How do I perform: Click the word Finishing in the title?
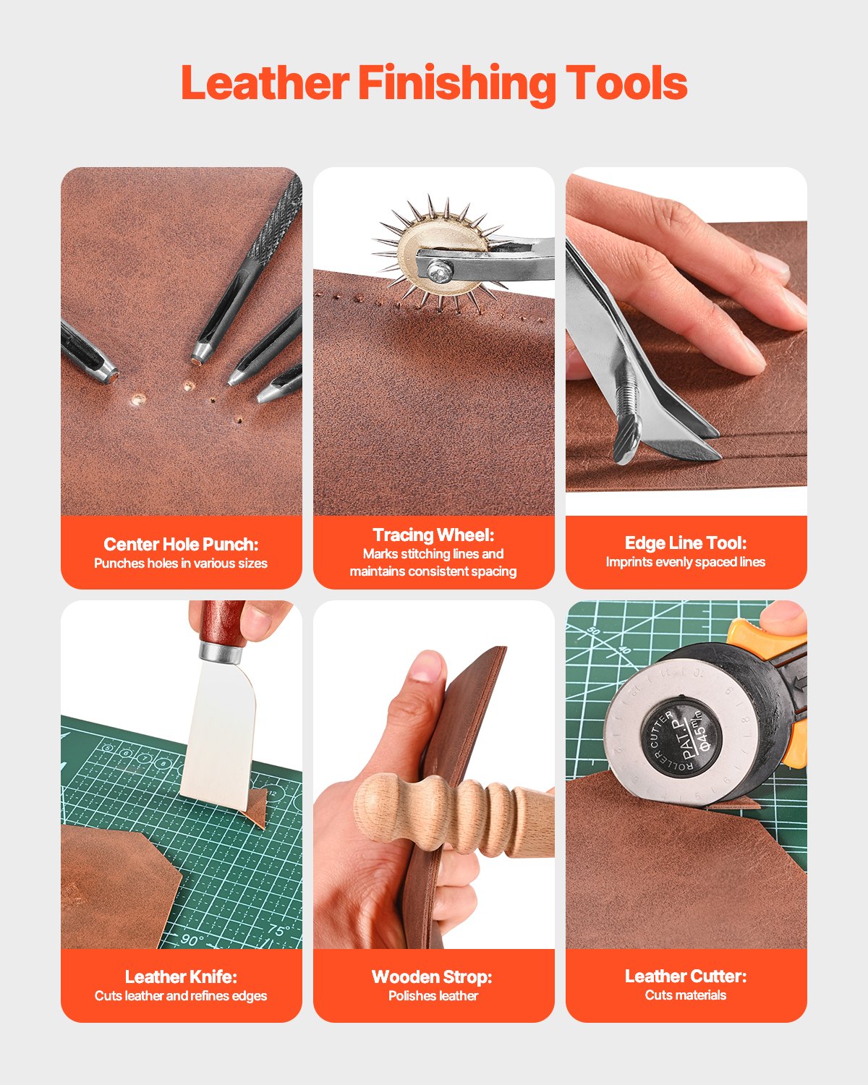click(456, 83)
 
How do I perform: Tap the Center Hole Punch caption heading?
click(181, 544)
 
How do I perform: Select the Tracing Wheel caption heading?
click(433, 535)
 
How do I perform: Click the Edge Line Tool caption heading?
click(685, 542)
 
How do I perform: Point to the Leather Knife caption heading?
click(181, 977)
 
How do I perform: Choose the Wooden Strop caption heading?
click(432, 977)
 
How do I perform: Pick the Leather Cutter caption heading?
click(685, 976)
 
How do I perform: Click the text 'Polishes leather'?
click(433, 996)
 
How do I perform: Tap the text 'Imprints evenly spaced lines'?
click(685, 562)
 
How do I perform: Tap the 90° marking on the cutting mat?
click(192, 940)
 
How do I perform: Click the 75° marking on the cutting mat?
click(278, 930)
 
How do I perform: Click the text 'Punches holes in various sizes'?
click(181, 563)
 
